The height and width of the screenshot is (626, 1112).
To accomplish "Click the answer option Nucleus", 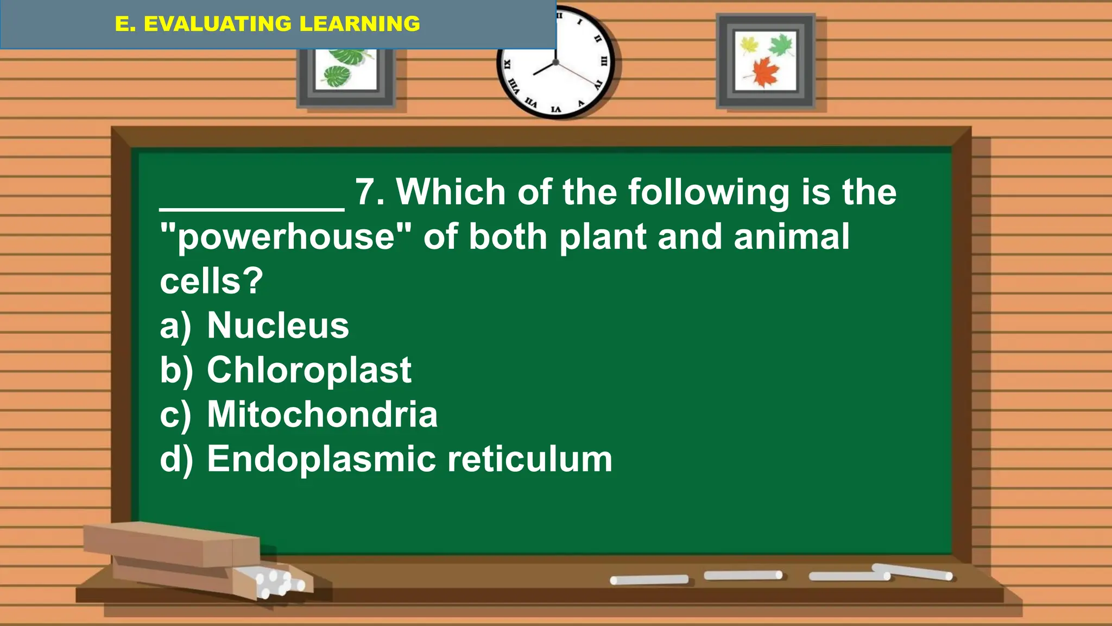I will [277, 325].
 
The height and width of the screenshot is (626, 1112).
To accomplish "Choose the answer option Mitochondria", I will [322, 415].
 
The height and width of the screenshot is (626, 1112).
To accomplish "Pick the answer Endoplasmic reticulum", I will [409, 459].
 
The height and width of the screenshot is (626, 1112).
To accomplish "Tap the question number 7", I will [369, 192].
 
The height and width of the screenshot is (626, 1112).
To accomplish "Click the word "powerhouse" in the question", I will [286, 237].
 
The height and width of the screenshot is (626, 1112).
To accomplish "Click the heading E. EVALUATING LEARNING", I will [267, 24].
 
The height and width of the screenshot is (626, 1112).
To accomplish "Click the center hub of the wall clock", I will [555, 62].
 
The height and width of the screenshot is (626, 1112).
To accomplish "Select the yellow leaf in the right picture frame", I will [749, 45].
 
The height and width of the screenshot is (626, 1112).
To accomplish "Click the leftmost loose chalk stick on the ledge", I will [649, 580].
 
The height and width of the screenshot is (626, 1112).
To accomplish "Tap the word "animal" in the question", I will [791, 237].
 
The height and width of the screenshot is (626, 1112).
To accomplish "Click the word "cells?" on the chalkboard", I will [211, 281].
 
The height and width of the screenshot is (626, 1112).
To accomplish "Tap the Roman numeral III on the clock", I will [603, 61].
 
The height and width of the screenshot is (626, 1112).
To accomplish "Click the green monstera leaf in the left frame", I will [338, 76].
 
